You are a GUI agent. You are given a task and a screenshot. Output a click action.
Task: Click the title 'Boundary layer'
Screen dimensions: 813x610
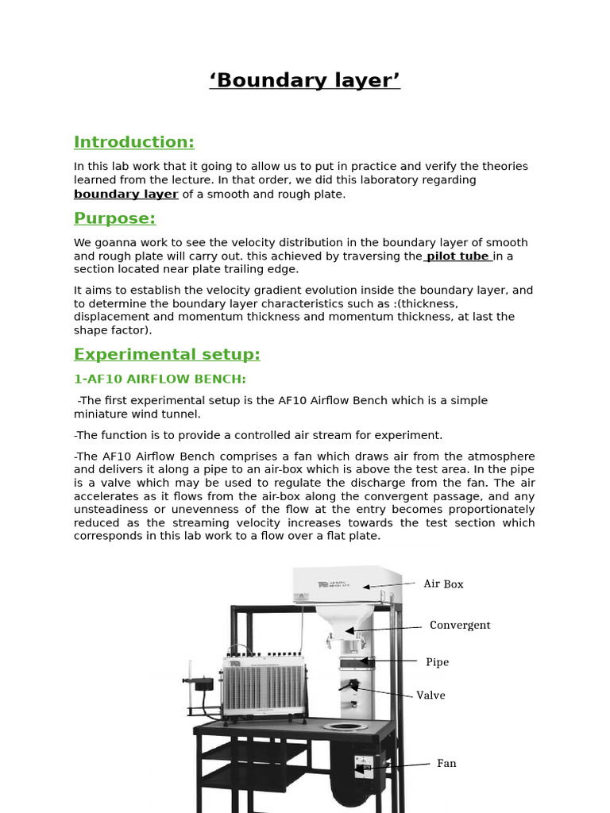tap(305, 80)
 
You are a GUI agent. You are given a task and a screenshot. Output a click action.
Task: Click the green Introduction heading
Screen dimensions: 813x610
tap(133, 142)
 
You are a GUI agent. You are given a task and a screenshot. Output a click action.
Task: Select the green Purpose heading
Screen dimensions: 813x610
tap(114, 218)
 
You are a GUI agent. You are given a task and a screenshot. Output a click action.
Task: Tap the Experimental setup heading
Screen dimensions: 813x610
tap(167, 354)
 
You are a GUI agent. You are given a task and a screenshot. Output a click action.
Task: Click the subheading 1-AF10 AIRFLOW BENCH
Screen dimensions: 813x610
tap(160, 379)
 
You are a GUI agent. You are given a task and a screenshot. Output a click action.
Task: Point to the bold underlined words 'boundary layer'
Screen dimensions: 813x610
tap(125, 194)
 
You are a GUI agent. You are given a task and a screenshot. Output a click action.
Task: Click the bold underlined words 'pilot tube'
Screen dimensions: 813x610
tap(459, 256)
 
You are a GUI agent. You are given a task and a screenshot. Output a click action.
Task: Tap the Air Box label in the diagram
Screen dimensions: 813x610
tap(443, 584)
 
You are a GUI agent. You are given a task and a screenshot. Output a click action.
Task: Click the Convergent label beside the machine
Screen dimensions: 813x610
tap(460, 625)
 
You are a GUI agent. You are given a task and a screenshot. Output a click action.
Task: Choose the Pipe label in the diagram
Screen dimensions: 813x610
tap(437, 661)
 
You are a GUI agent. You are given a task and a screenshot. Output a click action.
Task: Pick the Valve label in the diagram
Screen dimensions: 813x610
tap(430, 695)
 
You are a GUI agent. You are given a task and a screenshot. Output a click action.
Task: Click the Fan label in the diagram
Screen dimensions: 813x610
tap(446, 763)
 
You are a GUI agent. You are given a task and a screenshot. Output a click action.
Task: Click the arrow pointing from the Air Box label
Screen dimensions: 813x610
tap(389, 584)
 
